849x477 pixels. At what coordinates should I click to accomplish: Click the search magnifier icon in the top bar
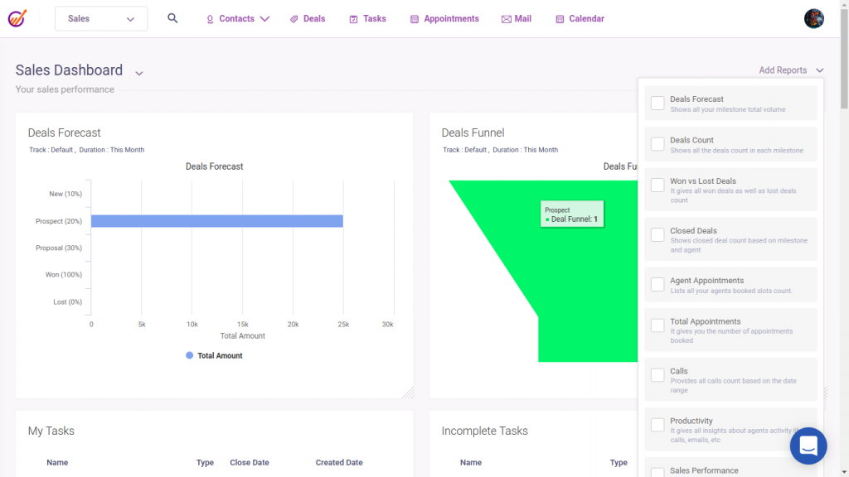tap(172, 18)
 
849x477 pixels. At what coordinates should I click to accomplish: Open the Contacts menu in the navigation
tap(238, 19)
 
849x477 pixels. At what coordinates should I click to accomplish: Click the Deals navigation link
tap(308, 19)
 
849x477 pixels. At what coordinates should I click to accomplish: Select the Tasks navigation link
tap(367, 19)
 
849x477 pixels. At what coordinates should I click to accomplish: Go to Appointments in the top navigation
tap(444, 19)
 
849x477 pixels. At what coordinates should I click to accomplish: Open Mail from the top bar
tap(517, 19)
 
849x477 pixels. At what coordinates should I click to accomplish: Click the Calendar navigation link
tap(580, 19)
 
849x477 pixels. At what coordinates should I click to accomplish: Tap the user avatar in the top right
tap(814, 19)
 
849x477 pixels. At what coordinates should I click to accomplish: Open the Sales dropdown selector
tap(101, 19)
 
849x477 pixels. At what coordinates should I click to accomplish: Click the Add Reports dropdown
tap(791, 70)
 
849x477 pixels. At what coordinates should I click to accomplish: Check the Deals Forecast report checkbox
tap(657, 104)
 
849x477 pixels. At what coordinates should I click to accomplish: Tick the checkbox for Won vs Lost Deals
tap(657, 185)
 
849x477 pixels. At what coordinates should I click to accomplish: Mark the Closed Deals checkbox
tap(657, 234)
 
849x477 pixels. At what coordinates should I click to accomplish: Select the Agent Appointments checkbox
tap(657, 284)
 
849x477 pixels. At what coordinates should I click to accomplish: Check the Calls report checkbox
tap(657, 375)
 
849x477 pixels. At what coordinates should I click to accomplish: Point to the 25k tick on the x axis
tap(343, 325)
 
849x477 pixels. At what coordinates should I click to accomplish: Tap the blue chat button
tap(808, 446)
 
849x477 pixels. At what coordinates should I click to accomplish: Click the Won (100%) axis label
tap(64, 275)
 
